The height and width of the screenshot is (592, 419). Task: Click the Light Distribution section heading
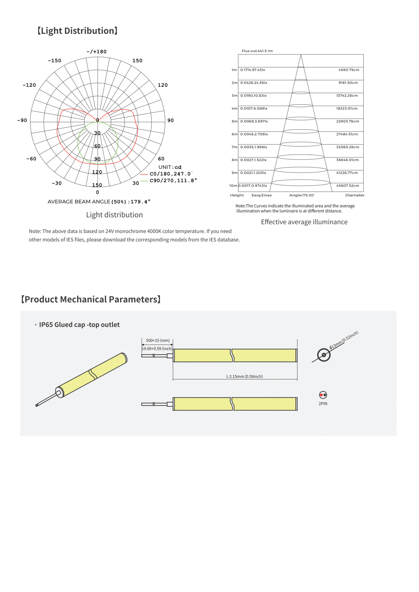78,31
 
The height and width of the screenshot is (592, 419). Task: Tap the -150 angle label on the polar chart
54,61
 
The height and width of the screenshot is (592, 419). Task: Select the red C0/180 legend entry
170,174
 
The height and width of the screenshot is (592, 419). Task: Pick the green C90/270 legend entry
173,181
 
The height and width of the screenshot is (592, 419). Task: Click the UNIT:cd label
170,167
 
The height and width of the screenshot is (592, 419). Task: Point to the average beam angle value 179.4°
140,202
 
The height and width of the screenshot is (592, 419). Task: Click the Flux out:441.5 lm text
257,51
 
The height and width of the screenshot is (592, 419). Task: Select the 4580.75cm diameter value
349,70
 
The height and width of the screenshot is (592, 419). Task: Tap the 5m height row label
234,121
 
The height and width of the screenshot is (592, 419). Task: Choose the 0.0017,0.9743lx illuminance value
252,186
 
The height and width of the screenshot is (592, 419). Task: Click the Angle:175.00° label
302,195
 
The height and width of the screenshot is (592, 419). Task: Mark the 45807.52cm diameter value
348,186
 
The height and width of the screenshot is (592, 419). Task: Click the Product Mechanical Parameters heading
91,299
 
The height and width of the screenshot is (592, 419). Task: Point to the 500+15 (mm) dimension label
158,340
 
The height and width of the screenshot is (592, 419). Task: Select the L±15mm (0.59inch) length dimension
244,376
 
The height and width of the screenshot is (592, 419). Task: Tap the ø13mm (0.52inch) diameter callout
344,340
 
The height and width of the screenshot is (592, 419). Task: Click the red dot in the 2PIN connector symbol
321,395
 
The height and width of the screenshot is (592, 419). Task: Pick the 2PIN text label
323,404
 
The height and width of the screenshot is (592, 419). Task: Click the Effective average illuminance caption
304,222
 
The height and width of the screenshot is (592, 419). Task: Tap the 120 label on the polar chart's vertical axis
97,172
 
